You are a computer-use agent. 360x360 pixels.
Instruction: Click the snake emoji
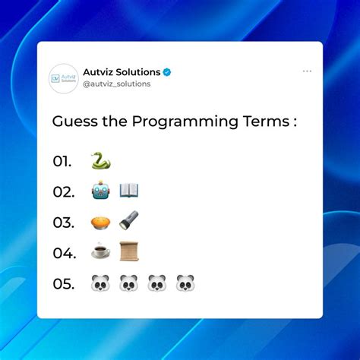(100, 161)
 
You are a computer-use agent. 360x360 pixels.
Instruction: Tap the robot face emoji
(100, 191)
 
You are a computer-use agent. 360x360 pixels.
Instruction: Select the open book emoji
(129, 191)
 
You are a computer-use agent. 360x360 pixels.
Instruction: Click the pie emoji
(100, 221)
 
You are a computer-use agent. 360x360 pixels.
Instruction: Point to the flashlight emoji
(129, 221)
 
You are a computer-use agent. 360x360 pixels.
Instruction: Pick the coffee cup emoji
(100, 251)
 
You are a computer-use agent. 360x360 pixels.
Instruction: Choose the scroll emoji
(129, 251)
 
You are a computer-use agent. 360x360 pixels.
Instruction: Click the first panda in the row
(100, 283)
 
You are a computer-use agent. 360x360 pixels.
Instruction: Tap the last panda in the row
(185, 283)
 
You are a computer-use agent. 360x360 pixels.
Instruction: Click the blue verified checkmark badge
(167, 72)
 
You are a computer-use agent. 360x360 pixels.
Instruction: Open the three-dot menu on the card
(307, 71)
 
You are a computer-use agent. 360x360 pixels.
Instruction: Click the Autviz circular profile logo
(64, 78)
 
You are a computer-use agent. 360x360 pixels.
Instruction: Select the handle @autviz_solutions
(116, 84)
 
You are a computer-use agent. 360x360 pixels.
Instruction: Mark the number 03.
(62, 222)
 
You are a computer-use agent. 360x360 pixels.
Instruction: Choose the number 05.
(63, 284)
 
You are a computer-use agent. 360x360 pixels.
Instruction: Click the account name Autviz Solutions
(122, 72)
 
